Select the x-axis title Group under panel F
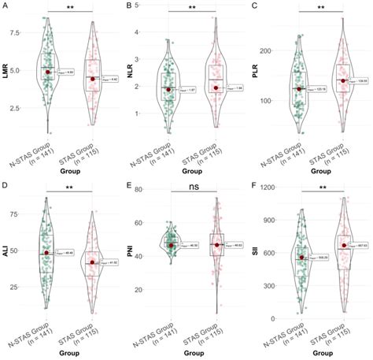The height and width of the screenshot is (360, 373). pyautogui.click(x=322, y=354)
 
